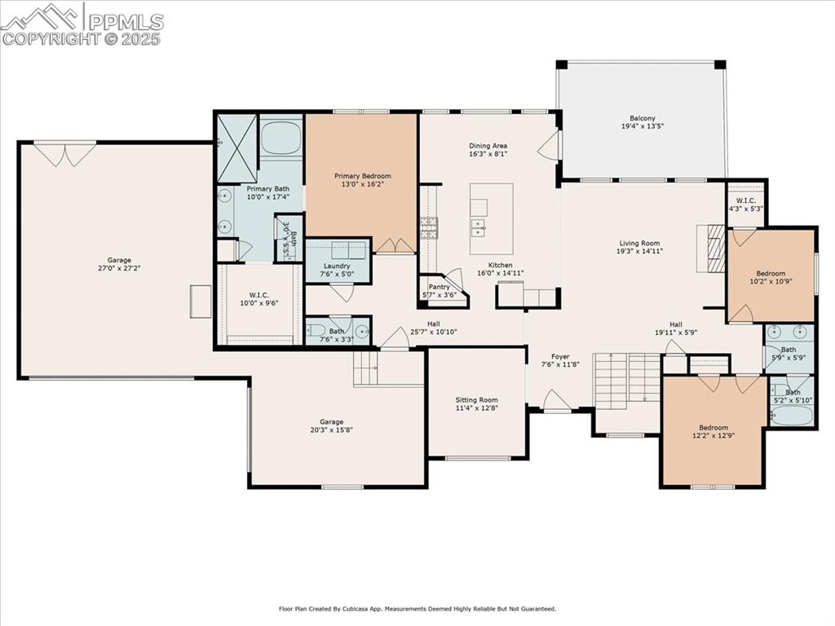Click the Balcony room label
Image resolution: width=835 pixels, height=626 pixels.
pyautogui.click(x=642, y=118)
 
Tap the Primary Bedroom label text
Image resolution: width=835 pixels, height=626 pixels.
pyautogui.click(x=362, y=176)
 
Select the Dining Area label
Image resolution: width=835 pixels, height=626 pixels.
pyautogui.click(x=488, y=146)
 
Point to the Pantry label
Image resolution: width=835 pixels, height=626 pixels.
pyautogui.click(x=439, y=287)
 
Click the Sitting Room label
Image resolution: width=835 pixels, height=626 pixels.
pyautogui.click(x=476, y=400)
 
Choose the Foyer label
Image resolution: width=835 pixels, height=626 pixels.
pyautogui.click(x=559, y=357)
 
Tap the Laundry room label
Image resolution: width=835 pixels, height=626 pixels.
pyautogui.click(x=337, y=266)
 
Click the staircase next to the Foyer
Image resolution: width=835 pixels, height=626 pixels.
pyautogui.click(x=625, y=378)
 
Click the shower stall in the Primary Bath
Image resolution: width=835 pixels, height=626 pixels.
pyautogui.click(x=236, y=148)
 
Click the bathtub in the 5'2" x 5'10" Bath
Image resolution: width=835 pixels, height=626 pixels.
pyautogui.click(x=790, y=415)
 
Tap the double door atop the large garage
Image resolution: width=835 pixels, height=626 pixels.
pyautogui.click(x=64, y=153)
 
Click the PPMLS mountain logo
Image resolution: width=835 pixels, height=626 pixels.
pyautogui.click(x=42, y=16)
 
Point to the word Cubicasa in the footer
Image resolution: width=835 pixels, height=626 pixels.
pyautogui.click(x=373, y=609)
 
